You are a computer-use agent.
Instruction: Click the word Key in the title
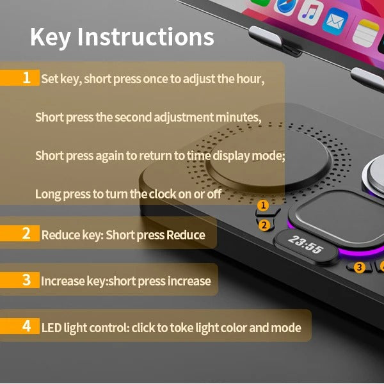pos(51,37)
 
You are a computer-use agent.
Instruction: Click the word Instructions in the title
pos(146,36)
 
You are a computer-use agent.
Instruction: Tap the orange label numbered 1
pos(20,78)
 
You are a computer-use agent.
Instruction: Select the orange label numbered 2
pos(20,234)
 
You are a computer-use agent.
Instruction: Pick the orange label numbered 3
pos(20,280)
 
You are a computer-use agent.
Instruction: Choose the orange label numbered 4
pos(20,326)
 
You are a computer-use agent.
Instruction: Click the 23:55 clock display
pos(305,244)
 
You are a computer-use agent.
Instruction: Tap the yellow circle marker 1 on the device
pos(263,205)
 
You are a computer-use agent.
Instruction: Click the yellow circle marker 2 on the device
pos(264,225)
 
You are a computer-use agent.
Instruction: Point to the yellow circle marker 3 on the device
pos(359,267)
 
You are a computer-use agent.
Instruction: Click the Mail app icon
pos(335,21)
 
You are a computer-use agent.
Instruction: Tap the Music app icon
pos(310,13)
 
